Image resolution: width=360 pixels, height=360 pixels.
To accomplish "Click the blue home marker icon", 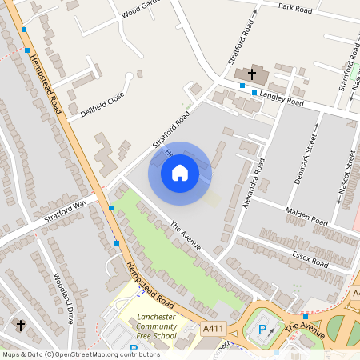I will (180, 173).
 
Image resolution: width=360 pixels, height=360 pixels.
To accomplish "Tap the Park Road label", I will (294, 7).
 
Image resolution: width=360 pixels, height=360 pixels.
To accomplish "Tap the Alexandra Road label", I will (253, 183).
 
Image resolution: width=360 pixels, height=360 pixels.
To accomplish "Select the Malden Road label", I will (306, 216).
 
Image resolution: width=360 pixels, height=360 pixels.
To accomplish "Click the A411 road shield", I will (213, 328).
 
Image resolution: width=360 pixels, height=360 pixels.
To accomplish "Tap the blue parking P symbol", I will (262, 330).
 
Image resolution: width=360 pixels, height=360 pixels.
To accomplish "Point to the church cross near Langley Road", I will (251, 74).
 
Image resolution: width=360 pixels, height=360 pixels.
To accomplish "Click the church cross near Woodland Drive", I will (22, 326).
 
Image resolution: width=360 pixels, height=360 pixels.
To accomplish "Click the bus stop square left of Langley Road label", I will (254, 94).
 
